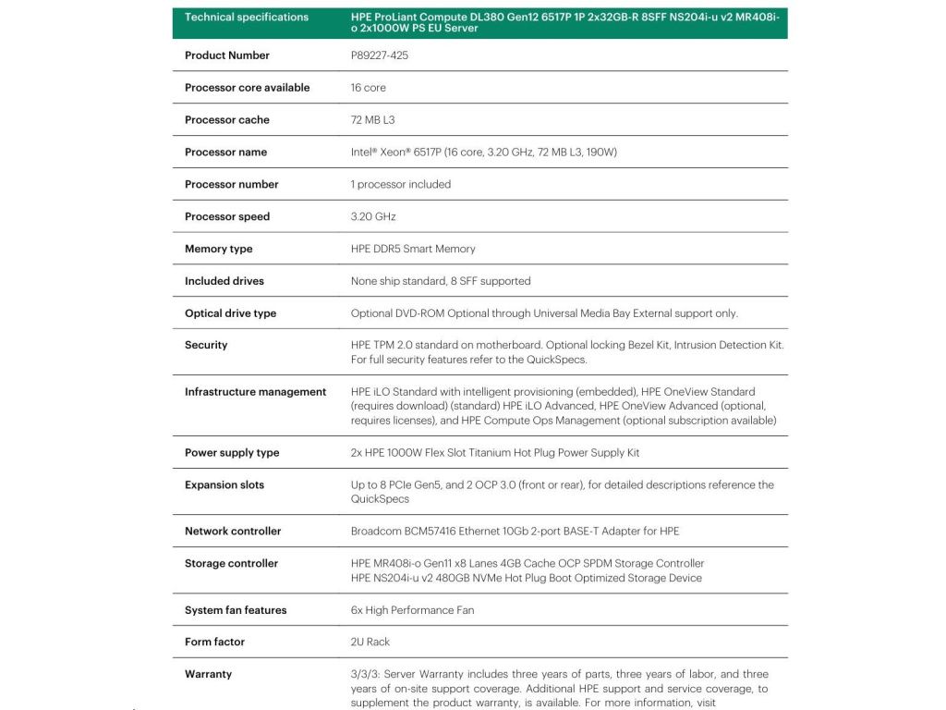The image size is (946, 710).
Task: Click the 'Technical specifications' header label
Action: point(247,17)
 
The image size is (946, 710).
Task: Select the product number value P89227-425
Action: point(380,55)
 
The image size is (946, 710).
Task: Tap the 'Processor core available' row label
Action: point(247,88)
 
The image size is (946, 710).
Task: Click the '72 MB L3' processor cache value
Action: point(373,120)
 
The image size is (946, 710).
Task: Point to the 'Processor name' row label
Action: point(225,153)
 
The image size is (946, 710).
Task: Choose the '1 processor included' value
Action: point(401,185)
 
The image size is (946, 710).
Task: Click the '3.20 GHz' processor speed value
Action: point(373,217)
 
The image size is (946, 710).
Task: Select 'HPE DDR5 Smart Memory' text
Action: point(413,250)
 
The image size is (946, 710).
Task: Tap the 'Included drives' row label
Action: point(224,281)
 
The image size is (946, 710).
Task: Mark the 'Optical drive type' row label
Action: point(230,313)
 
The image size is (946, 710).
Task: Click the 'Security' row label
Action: point(206,345)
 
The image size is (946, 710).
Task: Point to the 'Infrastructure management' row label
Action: point(255,392)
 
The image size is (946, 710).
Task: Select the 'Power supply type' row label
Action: point(232,453)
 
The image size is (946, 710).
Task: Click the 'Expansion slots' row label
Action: point(224,485)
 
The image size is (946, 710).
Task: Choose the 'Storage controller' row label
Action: point(231,564)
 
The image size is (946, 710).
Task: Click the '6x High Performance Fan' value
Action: point(412,610)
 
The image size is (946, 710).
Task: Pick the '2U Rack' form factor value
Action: point(370,642)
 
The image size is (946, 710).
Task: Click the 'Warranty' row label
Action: point(208,674)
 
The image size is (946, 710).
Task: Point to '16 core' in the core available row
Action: point(369,88)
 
